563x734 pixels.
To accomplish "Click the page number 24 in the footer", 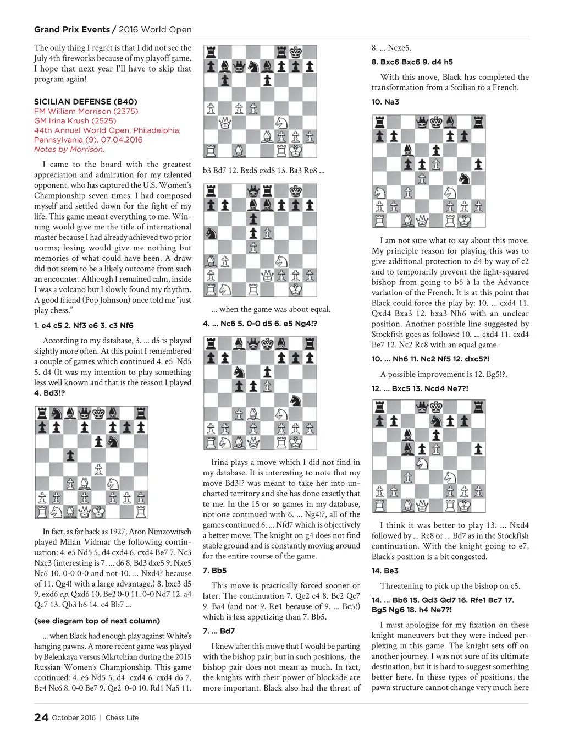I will tap(41, 717).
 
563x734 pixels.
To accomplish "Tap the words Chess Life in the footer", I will tap(122, 717).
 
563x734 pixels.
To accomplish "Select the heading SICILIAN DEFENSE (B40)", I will tap(86, 102).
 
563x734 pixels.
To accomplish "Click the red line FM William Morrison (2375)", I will tap(86, 111).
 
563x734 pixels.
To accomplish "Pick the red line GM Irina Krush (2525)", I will tap(75, 120).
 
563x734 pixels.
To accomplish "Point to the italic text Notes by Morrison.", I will tap(69, 149).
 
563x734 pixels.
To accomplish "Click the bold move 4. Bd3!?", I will tap(49, 393).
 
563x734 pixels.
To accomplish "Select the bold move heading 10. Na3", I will tap(385, 102).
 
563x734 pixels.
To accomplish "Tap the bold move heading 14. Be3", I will tap(385, 571).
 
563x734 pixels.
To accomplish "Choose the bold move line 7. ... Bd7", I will tap(219, 631).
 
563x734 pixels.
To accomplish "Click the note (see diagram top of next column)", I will tap(97, 621).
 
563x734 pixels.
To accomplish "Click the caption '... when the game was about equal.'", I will tap(271, 309).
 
